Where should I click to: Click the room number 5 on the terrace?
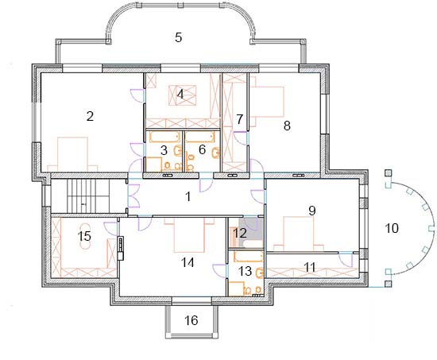(178, 37)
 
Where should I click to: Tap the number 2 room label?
(90, 116)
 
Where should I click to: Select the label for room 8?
(287, 126)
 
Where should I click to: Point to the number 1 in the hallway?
(188, 196)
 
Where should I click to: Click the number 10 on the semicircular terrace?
(392, 228)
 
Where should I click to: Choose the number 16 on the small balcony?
(191, 320)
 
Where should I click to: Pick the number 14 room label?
(188, 262)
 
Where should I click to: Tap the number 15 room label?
(85, 237)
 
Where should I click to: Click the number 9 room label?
(312, 211)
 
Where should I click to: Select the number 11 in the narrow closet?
(310, 267)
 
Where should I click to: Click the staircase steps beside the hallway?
(88, 196)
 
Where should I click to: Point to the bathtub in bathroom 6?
(200, 137)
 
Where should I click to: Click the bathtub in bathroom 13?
(249, 257)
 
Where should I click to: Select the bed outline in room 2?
(72, 154)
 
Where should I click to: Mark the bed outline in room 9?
(299, 234)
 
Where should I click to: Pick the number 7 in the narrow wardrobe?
(240, 119)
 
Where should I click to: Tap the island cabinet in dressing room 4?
(183, 95)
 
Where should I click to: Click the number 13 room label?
(246, 271)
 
